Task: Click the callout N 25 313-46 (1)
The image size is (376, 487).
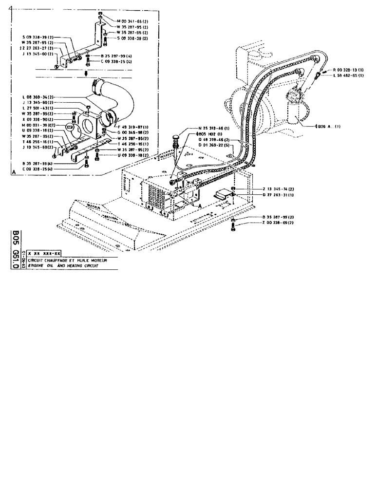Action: pyautogui.click(x=216, y=128)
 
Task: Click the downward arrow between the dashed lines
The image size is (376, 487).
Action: pyautogui.click(x=86, y=74)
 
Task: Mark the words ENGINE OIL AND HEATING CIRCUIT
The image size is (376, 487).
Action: pyautogui.click(x=62, y=266)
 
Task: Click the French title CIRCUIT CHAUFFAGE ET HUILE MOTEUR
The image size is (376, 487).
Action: pyautogui.click(x=67, y=261)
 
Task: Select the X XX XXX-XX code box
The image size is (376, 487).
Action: pyautogui.click(x=44, y=254)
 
